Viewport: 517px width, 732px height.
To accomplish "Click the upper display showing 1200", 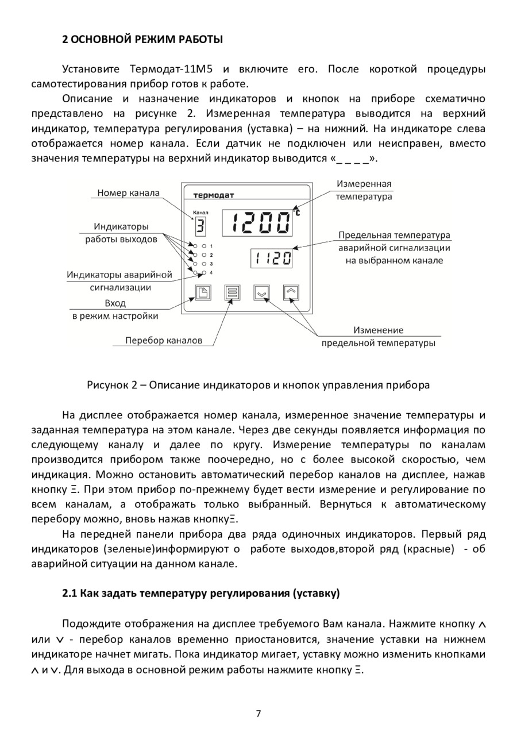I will coord(257,222).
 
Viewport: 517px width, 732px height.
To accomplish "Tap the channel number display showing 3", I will coord(200,225).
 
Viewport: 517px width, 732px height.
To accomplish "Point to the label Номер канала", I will coord(128,193).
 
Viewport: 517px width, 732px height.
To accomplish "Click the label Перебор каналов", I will coord(164,340).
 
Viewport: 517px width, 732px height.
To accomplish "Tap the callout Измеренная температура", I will coord(364,190).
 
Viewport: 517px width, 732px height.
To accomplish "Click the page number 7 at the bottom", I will coord(258,714).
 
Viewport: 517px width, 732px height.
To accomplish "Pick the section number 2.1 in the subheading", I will coord(70,593).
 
